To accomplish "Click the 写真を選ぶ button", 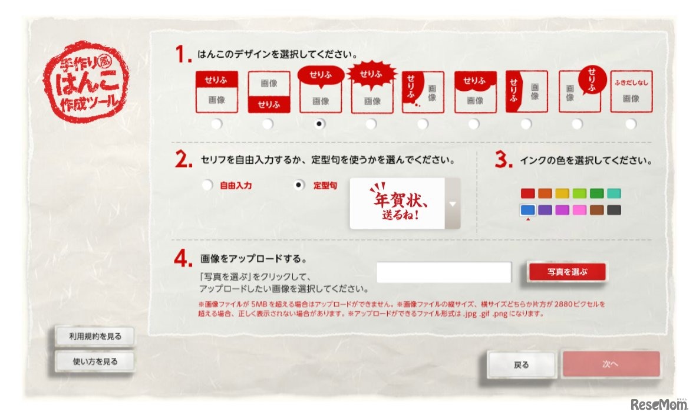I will coord(567,272).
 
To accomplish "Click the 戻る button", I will coord(522,365).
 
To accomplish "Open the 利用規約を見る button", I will coord(94,337).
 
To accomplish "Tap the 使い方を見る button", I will coord(94,361).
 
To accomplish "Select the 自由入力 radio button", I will coord(207,185).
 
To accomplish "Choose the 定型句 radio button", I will coord(299,185).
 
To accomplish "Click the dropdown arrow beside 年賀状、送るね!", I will coord(452,204).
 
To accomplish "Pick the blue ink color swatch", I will coord(527,209).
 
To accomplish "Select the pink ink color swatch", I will coord(580,209).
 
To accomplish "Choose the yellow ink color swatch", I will coord(562,193).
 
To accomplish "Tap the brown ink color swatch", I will coord(597,209).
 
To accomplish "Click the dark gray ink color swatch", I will coord(614,209).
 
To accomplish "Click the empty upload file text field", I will coord(444,272).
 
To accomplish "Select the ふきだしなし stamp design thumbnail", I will coord(631,91).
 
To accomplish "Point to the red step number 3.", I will coord(503,161).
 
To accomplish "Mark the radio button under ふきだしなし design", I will coord(631,124).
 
